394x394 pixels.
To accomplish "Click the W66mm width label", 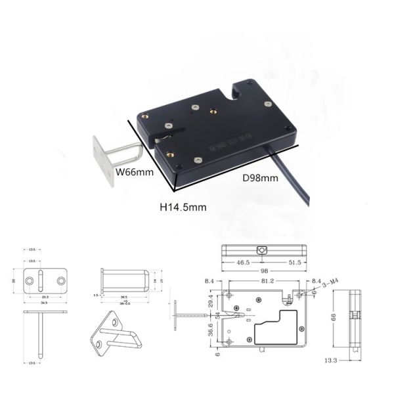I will click(x=135, y=173).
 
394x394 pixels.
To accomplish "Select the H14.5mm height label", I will click(x=183, y=207).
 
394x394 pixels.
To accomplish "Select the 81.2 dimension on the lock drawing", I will click(x=267, y=280).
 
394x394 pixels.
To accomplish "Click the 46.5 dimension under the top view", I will click(x=241, y=262).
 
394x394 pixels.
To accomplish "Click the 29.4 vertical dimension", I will click(x=211, y=300).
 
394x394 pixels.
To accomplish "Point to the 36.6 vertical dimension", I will click(x=211, y=330).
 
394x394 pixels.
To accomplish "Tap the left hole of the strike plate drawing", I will click(x=30, y=281).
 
